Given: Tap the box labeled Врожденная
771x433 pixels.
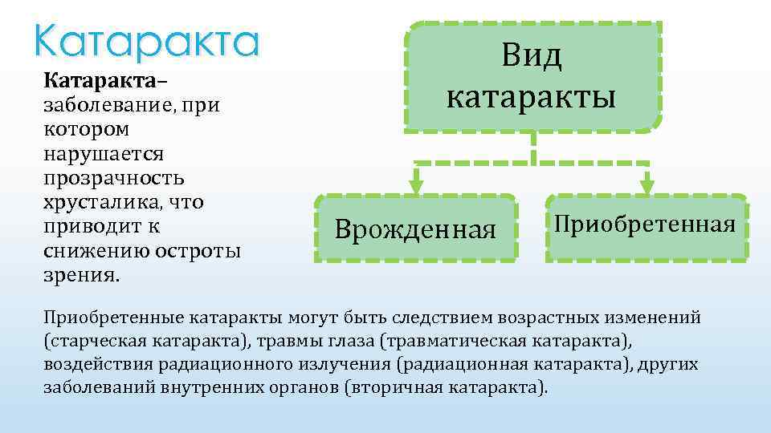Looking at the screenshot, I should tap(415, 229).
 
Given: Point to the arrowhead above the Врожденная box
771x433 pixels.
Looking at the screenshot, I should tap(415, 185).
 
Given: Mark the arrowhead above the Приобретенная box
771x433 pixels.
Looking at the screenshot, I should tap(647, 185).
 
